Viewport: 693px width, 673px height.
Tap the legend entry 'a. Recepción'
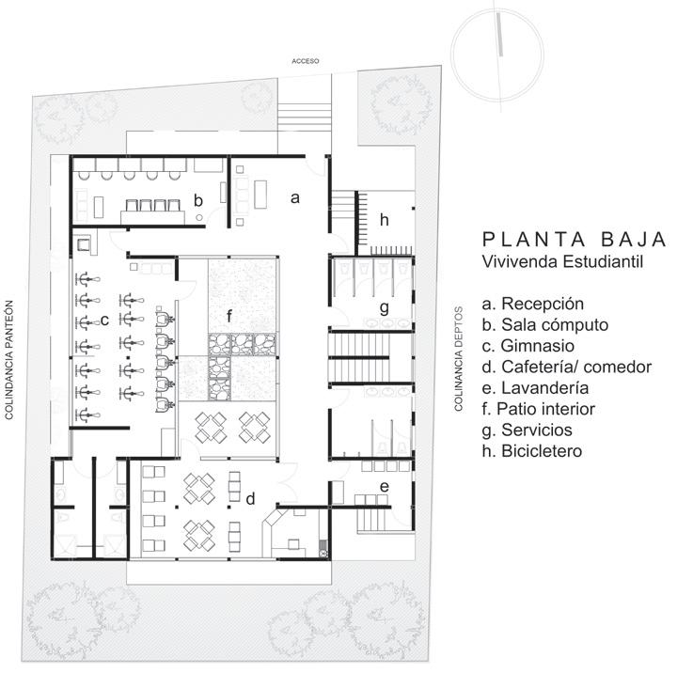click(x=532, y=305)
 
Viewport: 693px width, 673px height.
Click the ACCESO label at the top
click(x=306, y=61)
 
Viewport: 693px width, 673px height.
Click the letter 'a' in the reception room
click(x=294, y=198)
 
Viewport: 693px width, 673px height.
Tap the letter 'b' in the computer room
click(x=198, y=199)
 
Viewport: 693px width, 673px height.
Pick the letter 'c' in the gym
click(x=104, y=321)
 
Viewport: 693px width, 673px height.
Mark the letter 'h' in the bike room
click(x=384, y=219)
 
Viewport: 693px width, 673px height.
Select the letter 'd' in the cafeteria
click(x=250, y=499)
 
